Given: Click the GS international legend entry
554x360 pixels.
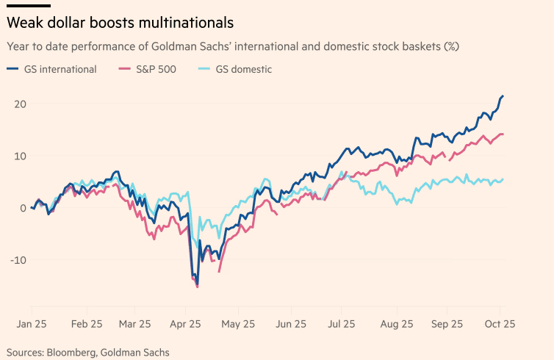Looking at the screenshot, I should pyautogui.click(x=60, y=70).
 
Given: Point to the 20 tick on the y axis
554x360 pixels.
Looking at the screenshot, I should pyautogui.click(x=20, y=104).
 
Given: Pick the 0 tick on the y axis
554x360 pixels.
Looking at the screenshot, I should pyautogui.click(x=23, y=208).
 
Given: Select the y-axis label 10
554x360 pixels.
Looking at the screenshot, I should pyautogui.click(x=20, y=156).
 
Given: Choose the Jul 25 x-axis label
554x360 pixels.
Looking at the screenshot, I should pyautogui.click(x=344, y=323).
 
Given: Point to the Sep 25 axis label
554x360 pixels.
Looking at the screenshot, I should pyautogui.click(x=447, y=323).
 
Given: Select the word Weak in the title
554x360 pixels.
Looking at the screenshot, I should pyautogui.click(x=25, y=24).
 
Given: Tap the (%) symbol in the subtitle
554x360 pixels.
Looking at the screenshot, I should pyautogui.click(x=450, y=46).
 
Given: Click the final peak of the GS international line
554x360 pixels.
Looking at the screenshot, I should pyautogui.click(x=503, y=96).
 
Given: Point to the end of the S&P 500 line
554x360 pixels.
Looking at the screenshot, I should pyautogui.click(x=503, y=134).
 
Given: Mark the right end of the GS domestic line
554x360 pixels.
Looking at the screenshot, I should pyautogui.click(x=503, y=179).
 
